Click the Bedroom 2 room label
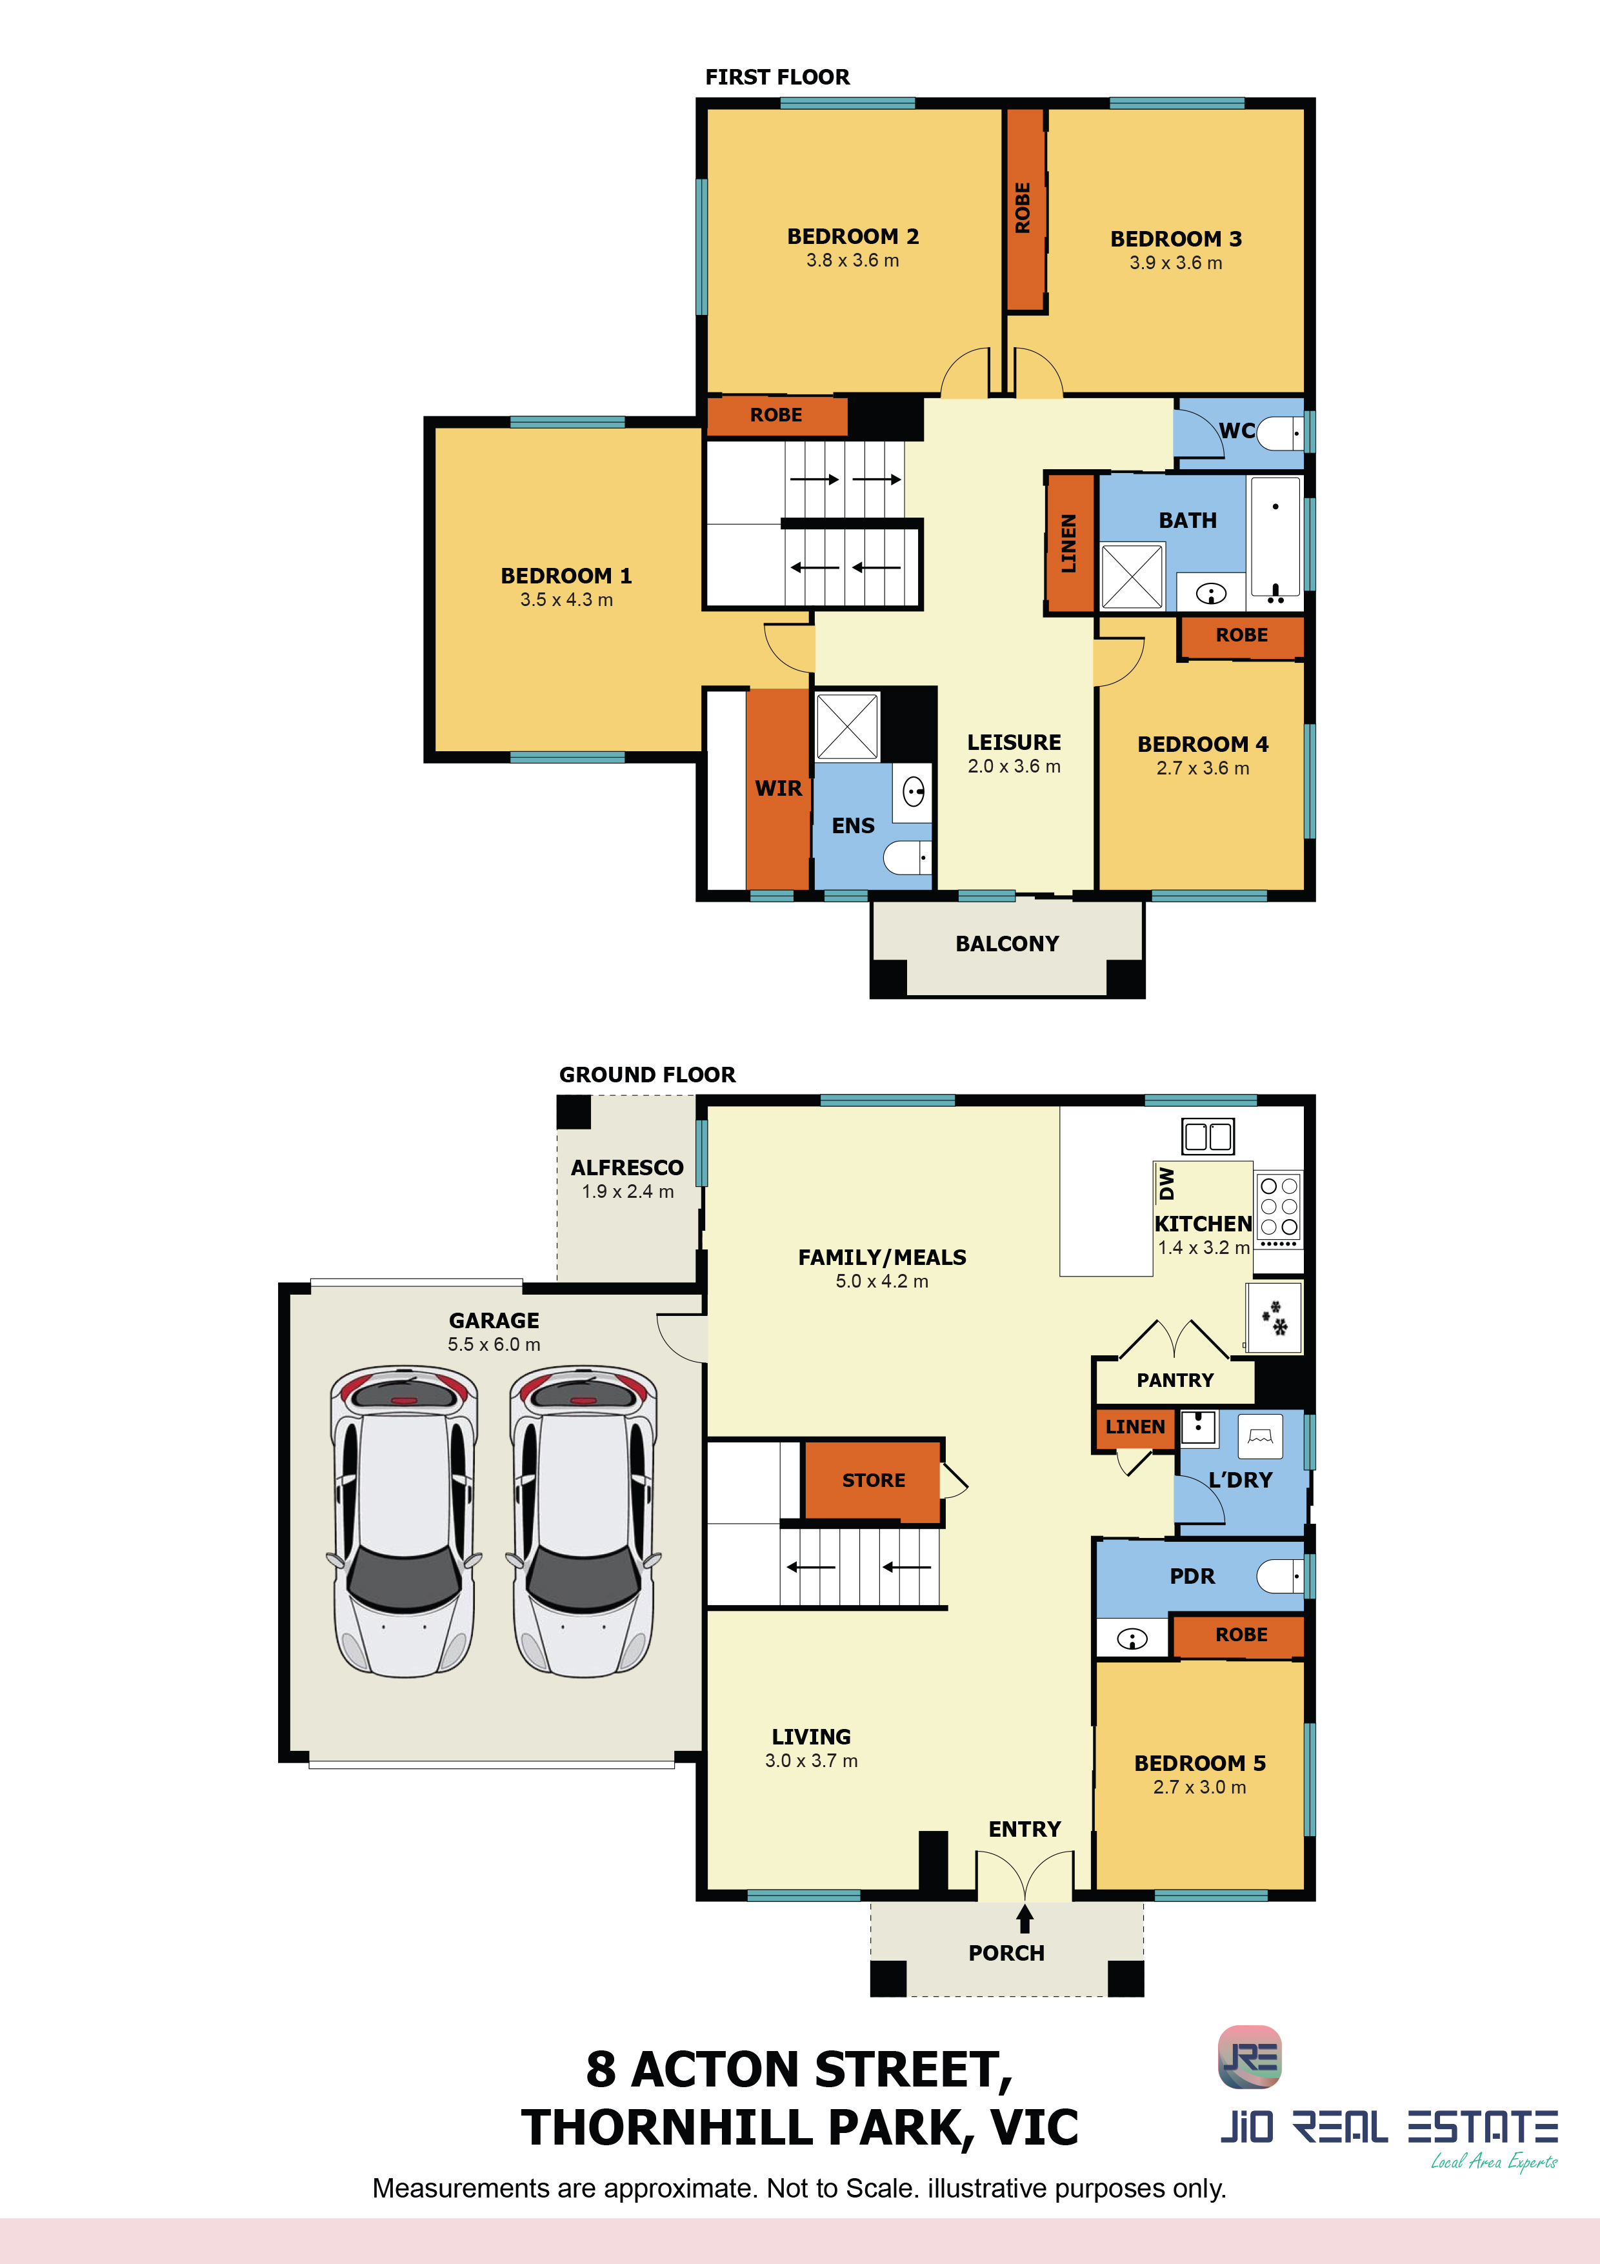(853, 237)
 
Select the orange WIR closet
(779, 789)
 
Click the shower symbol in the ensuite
(847, 727)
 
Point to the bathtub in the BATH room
(1275, 540)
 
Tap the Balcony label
(1006, 944)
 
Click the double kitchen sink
(1208, 1136)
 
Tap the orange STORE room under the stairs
(874, 1480)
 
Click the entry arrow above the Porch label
(1025, 1918)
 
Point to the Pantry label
(1175, 1380)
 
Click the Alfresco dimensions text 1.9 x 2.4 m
(628, 1191)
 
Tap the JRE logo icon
(1250, 2057)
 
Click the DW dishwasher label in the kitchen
(1167, 1183)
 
